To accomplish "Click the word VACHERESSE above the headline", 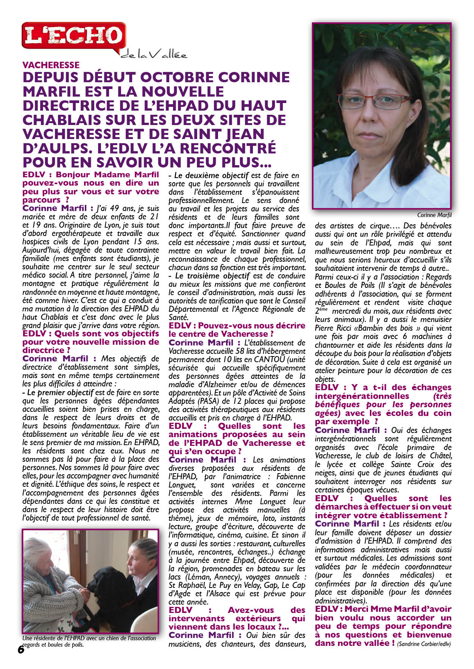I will tap(51, 65).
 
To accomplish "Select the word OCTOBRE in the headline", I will tap(179, 77).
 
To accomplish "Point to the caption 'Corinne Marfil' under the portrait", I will tap(434, 215).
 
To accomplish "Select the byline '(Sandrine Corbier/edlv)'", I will tap(424, 644).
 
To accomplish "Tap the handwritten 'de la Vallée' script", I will tap(154, 55).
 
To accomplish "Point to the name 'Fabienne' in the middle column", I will tap(290, 477).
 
